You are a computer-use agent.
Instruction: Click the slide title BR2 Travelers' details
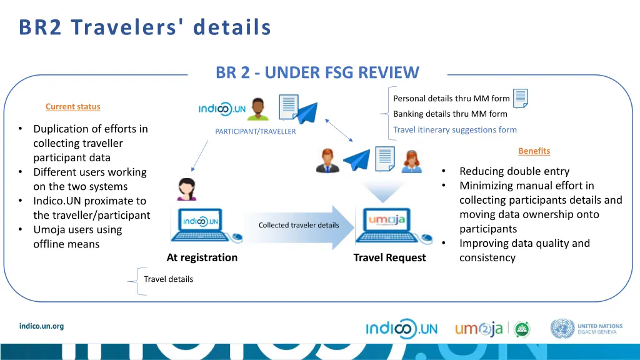145,27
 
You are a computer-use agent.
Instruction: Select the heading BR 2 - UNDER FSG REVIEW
317,73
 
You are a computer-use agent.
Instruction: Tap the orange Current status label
72,107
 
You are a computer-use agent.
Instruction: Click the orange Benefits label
534,151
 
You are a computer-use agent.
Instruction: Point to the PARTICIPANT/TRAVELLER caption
255,131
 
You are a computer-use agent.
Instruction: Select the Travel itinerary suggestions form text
454,130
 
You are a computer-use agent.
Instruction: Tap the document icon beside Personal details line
521,97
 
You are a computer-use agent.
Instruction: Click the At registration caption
202,257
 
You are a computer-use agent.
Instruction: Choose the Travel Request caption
389,257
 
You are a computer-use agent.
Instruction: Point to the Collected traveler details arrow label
299,225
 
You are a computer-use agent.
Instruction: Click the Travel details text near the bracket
168,279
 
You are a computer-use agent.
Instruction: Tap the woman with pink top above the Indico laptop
186,189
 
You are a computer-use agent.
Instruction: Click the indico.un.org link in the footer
41,326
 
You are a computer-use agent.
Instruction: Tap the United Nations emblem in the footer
562,329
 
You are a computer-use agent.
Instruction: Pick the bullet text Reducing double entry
514,171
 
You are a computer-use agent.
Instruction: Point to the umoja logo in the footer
478,329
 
